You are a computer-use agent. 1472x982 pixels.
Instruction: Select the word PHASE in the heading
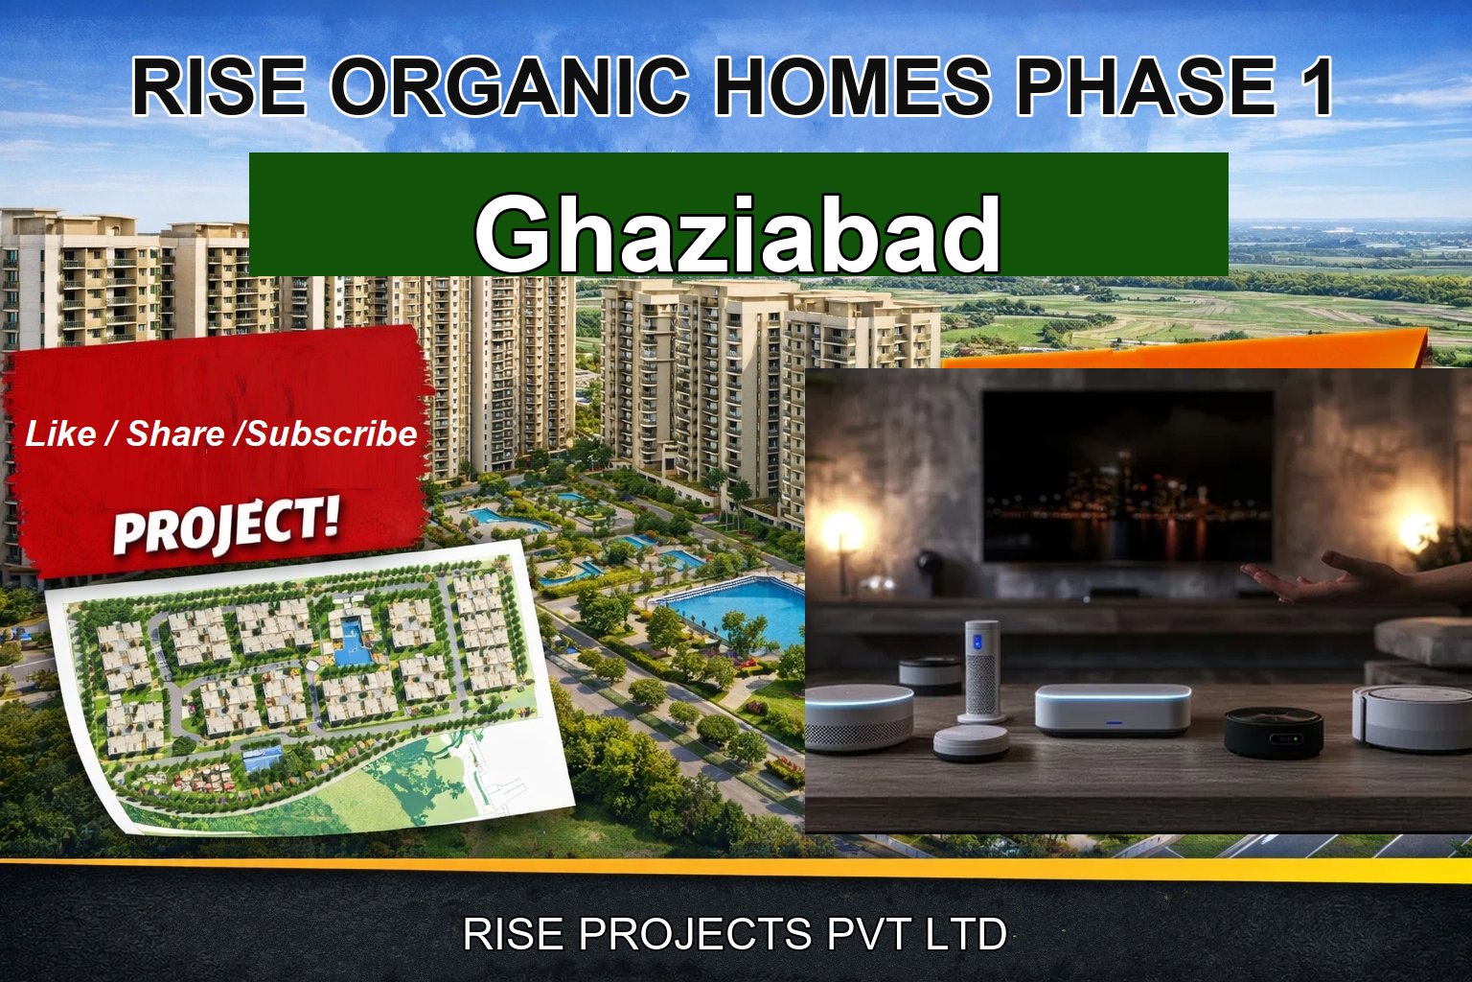1145,87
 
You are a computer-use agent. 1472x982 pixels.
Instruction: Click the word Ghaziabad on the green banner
738,234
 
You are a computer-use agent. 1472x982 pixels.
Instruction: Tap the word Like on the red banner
60,434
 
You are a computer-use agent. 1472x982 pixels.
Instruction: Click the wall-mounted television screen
1128,477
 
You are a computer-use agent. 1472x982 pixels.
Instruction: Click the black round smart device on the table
1274,733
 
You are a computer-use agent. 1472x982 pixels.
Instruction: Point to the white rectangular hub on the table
1112,709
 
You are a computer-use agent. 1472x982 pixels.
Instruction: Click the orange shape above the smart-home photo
1179,352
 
